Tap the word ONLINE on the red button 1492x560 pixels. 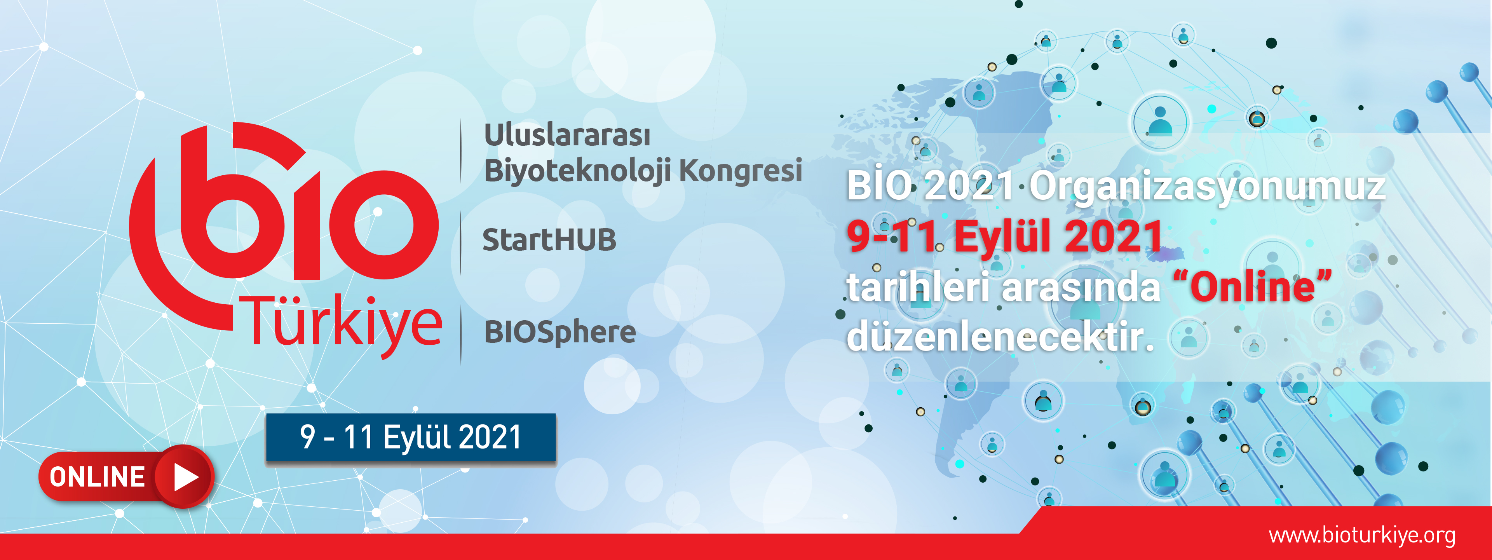[x=97, y=477]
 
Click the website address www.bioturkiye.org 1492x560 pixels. [x=1362, y=536]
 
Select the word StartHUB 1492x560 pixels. [x=549, y=240]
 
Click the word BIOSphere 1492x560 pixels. [x=560, y=332]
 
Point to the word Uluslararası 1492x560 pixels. [x=567, y=135]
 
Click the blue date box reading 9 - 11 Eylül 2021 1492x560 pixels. [x=411, y=438]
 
